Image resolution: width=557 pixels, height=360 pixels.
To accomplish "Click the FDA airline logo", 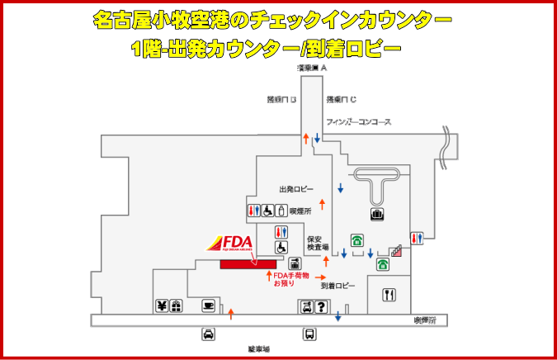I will tap(229, 244).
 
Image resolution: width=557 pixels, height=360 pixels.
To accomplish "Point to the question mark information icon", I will tap(322, 307).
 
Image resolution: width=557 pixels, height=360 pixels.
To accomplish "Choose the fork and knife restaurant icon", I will tap(389, 293).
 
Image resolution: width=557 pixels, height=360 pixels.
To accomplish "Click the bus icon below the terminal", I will tap(309, 334).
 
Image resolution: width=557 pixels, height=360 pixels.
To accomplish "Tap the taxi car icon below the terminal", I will tap(209, 334).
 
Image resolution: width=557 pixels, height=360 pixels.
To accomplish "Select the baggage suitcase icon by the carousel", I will tap(377, 215).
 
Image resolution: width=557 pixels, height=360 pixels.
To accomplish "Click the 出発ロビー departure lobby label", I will tap(295, 189).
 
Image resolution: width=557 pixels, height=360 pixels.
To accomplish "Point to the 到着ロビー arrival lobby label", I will tap(338, 286).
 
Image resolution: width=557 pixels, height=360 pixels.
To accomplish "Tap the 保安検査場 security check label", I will tap(319, 243).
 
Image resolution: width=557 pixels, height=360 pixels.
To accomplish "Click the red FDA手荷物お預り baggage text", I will tap(291, 279).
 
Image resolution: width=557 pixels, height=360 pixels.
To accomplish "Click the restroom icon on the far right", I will tap(418, 238).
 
